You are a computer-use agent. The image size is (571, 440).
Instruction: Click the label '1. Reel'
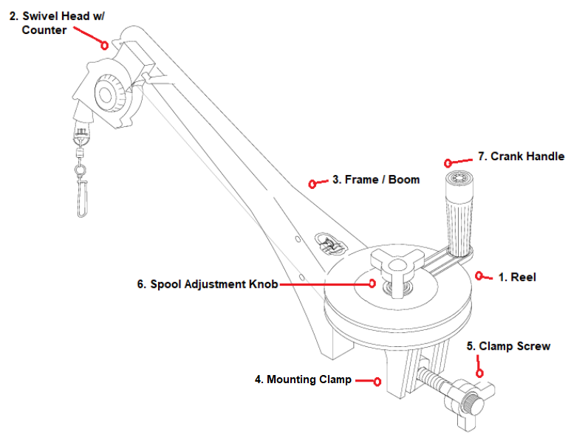click(516, 278)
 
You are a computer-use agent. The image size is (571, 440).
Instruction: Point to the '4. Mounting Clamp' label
click(303, 379)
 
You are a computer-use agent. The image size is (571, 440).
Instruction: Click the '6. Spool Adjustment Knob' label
click(208, 283)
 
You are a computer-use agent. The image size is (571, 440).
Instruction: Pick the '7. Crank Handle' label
click(521, 157)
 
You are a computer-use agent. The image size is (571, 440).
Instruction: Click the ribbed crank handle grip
click(457, 215)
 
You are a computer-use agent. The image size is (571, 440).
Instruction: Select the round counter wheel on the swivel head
click(109, 94)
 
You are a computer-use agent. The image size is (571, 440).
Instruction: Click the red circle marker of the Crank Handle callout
click(448, 162)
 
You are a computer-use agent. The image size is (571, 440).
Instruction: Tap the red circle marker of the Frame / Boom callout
click(312, 183)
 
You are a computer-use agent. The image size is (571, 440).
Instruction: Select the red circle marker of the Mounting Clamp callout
click(377, 381)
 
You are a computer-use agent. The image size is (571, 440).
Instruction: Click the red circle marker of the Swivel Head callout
click(105, 44)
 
